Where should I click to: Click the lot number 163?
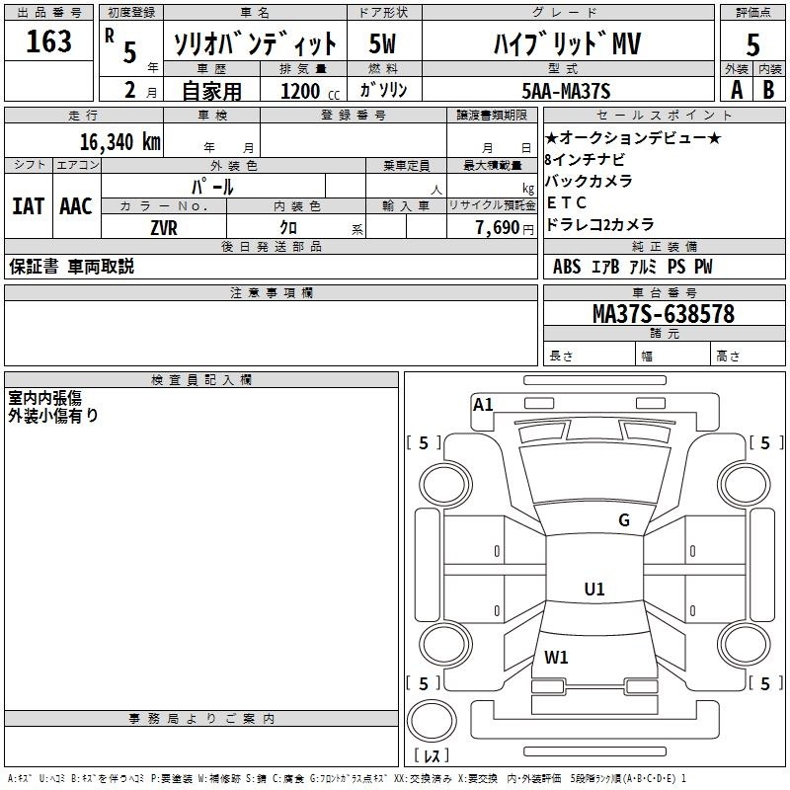click(49, 41)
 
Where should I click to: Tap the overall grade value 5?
click(753, 45)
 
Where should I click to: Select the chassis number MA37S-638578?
click(663, 314)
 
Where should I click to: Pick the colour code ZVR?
click(163, 227)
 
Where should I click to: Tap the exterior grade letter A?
click(737, 90)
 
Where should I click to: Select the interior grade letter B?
click(769, 90)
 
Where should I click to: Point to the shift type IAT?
click(28, 205)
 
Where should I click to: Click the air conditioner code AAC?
click(76, 205)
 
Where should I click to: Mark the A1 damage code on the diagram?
click(483, 404)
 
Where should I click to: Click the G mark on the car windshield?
click(623, 520)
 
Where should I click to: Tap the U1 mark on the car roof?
click(594, 590)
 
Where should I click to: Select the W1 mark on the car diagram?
click(556, 656)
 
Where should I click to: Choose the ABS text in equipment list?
click(567, 267)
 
